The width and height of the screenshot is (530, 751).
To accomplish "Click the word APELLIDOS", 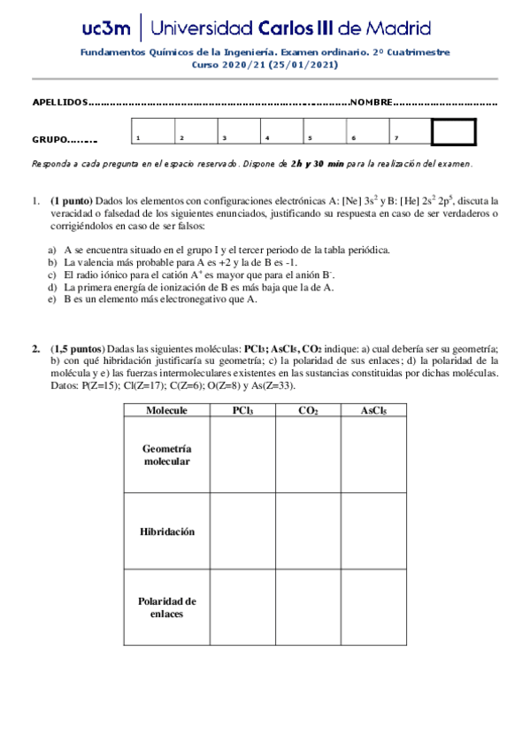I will (x=60, y=103).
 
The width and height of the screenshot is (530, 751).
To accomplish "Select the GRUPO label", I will (x=50, y=140).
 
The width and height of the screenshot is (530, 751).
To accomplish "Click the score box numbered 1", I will (x=153, y=132).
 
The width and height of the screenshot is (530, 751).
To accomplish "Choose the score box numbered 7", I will (x=410, y=132).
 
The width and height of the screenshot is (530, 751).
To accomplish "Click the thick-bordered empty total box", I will (x=453, y=132).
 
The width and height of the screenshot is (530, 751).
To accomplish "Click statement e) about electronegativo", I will (x=159, y=299).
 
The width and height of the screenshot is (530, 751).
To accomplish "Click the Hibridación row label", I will (x=166, y=531).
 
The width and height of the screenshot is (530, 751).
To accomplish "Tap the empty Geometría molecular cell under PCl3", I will (x=242, y=456).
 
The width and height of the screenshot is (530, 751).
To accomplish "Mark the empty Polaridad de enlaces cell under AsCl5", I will (x=373, y=607).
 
